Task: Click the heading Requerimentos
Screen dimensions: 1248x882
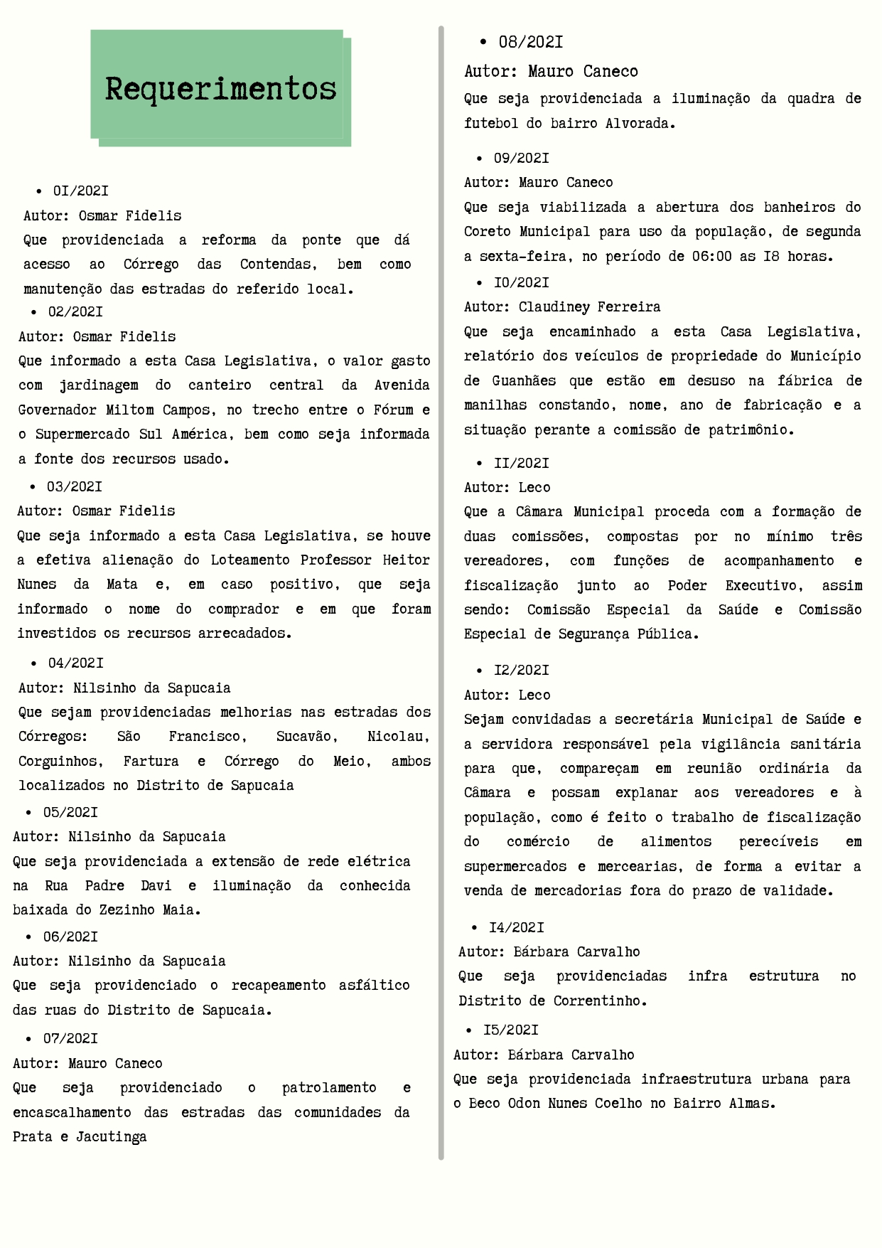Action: [x=220, y=89]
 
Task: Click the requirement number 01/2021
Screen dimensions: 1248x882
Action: [x=80, y=191]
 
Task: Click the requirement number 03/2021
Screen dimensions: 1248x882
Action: [x=74, y=486]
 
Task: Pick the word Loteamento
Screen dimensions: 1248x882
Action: [x=250, y=560]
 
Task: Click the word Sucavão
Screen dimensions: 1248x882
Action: [x=306, y=737]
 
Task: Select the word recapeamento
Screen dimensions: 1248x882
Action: [x=279, y=986]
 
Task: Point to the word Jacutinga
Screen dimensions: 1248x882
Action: [x=111, y=1137]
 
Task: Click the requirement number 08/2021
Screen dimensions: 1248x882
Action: [x=530, y=42]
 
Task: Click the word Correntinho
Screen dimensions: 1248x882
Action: [x=600, y=1001]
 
